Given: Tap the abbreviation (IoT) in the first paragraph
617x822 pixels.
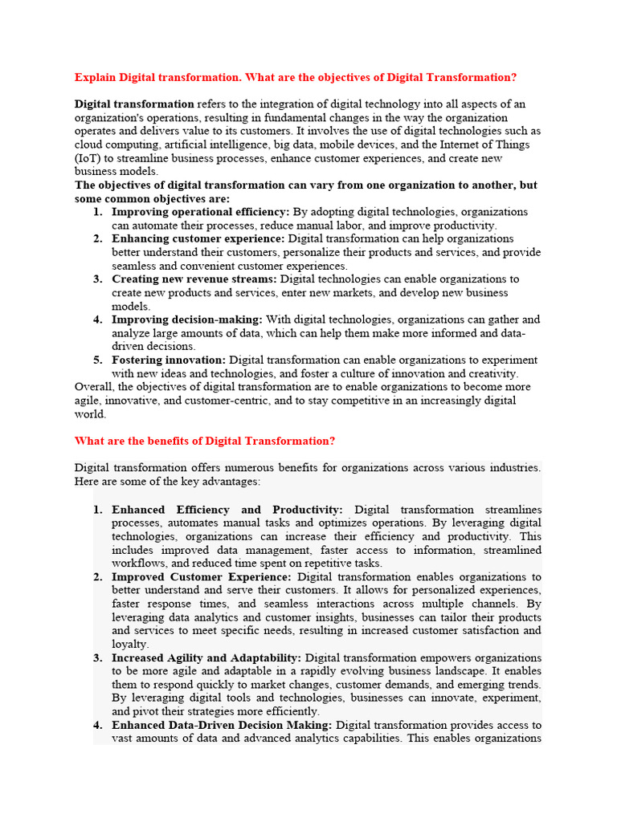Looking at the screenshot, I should point(89,158).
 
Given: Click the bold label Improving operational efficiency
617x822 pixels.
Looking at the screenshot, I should point(200,212).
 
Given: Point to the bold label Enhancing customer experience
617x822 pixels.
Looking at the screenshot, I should point(198,239).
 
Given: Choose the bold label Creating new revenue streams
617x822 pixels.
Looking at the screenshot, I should point(194,279).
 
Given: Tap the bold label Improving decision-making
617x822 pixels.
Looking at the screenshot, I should point(186,319).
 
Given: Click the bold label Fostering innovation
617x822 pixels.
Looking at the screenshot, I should point(169,360).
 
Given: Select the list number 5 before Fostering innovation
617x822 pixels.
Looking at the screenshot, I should point(97,360).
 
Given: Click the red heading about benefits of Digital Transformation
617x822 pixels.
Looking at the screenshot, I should point(205,442).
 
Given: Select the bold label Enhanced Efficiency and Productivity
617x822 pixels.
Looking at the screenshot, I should point(227,510).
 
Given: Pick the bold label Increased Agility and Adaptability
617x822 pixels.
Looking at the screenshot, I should point(206,658).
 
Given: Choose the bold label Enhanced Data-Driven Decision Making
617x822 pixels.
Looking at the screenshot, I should point(222,726).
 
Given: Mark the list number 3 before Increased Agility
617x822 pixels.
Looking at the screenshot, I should point(97,658).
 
